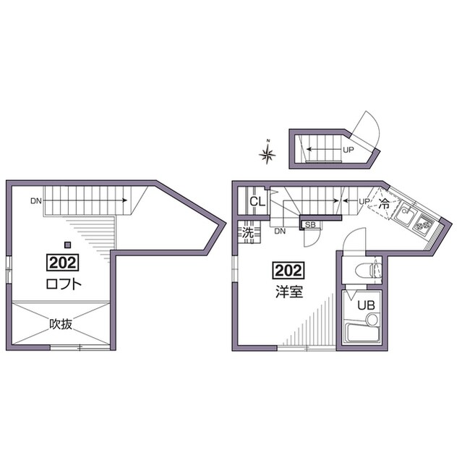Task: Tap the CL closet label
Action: [257, 202]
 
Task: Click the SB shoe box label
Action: [310, 225]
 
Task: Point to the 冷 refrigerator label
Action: [384, 204]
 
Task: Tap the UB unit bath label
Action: [366, 305]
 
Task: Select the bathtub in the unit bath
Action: [362, 332]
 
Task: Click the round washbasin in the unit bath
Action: [372, 319]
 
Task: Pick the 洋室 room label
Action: [289, 292]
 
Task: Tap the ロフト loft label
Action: [64, 284]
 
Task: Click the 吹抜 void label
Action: [61, 324]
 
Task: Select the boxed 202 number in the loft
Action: [63, 263]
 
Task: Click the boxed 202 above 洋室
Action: [288, 270]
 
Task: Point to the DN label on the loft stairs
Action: [36, 201]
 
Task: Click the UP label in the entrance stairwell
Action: [348, 150]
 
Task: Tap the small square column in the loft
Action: [68, 245]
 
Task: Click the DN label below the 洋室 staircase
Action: [280, 231]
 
